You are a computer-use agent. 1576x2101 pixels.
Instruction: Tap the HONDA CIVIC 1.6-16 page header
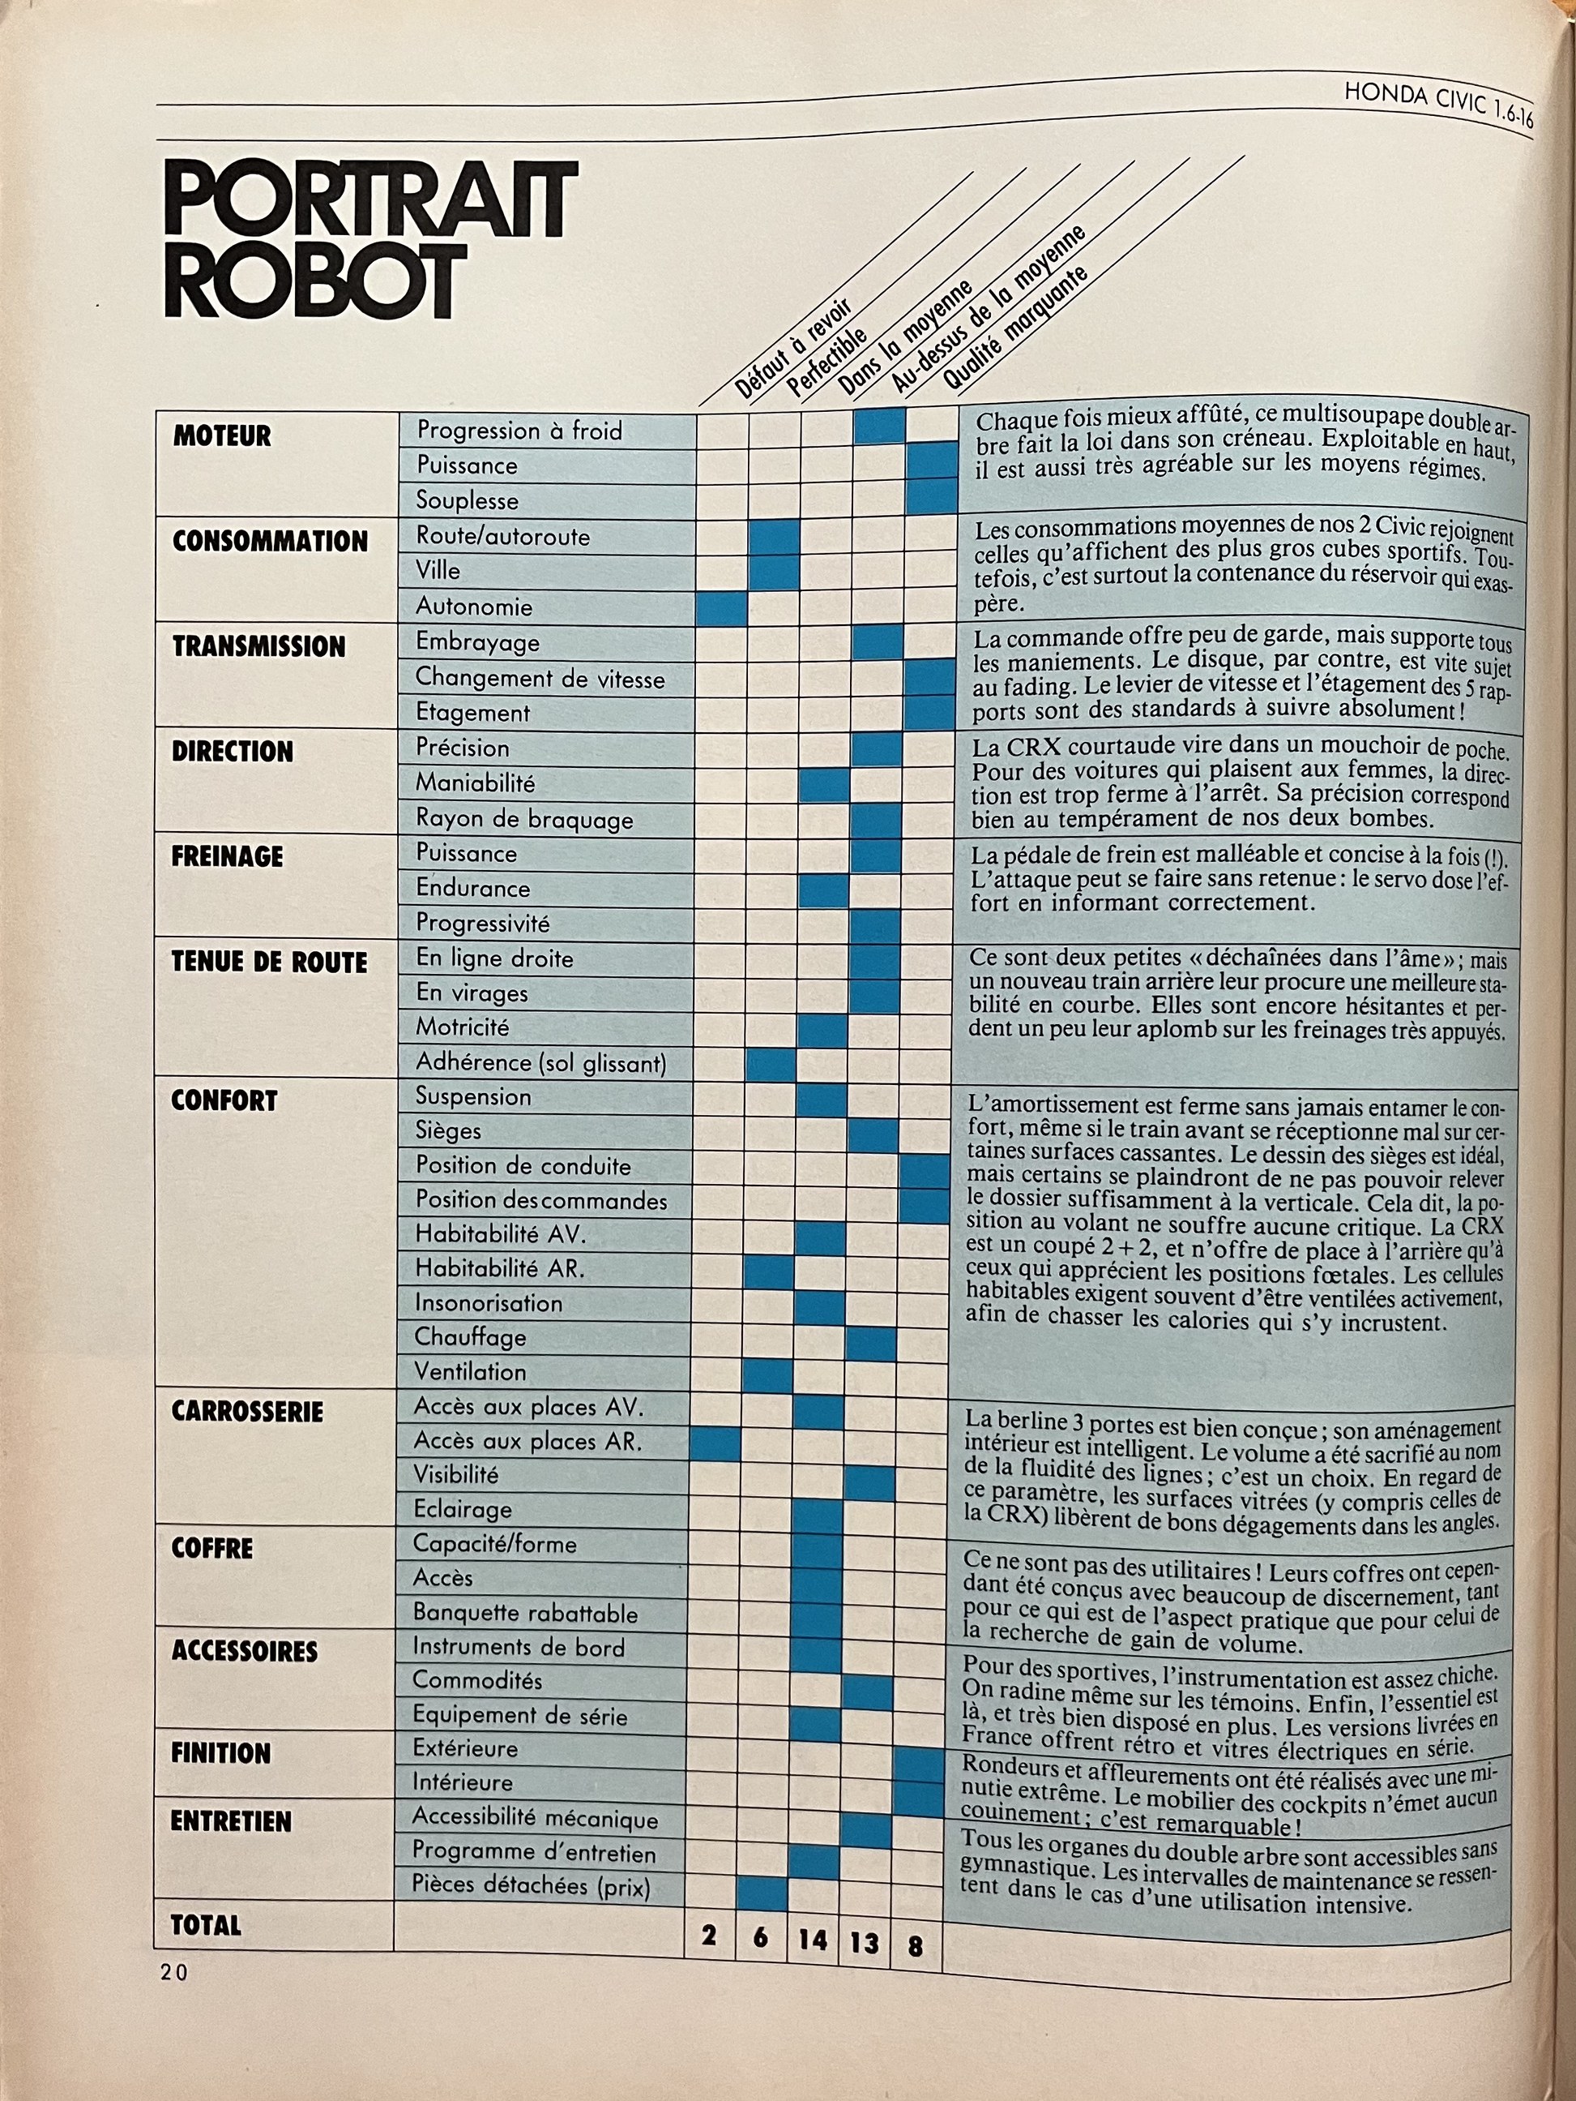tap(1437, 106)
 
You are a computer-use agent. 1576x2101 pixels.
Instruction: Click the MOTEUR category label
tap(222, 436)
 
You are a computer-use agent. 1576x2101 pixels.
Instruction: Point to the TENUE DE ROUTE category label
tap(269, 963)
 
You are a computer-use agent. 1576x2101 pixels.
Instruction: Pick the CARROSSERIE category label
tap(247, 1412)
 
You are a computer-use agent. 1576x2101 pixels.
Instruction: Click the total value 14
tap(812, 1939)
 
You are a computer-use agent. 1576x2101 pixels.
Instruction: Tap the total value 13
tap(863, 1941)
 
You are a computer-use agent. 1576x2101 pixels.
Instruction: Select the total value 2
tap(708, 1935)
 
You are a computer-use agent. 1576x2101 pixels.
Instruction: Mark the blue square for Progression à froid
tap(879, 427)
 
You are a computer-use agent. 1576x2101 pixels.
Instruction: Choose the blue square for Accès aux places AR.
tap(715, 1443)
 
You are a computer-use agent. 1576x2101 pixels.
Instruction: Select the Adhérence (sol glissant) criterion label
tap(540, 1063)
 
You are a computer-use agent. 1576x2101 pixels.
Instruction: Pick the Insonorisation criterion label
tap(488, 1303)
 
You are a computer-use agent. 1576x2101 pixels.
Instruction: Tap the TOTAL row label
tap(205, 1925)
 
